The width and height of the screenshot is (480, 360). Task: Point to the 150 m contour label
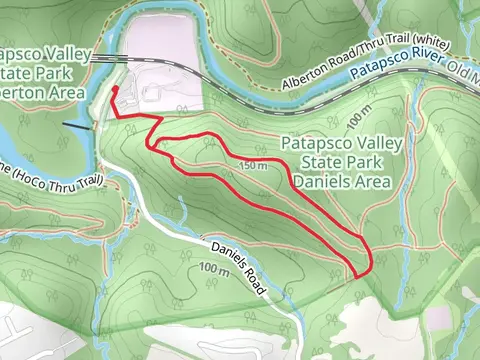point(255,166)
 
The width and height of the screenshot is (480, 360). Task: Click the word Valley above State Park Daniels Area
point(375,144)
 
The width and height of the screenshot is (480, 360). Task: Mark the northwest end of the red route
point(114,89)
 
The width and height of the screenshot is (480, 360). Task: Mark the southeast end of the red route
point(357,278)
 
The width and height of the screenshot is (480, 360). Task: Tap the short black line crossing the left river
point(76,127)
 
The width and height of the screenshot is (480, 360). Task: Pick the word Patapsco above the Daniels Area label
point(319,144)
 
